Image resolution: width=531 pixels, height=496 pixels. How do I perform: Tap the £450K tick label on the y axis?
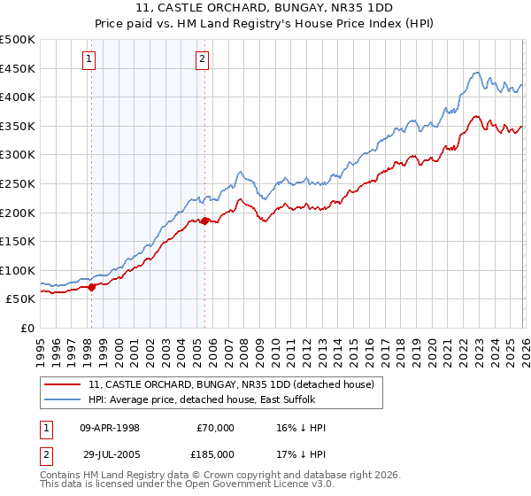[x=18, y=68]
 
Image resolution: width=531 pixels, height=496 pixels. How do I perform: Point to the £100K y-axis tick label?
[x=18, y=270]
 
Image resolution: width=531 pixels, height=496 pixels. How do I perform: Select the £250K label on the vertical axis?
[x=18, y=183]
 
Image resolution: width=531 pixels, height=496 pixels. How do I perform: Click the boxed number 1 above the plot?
[x=90, y=59]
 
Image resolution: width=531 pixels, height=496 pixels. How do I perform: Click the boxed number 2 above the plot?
[x=203, y=59]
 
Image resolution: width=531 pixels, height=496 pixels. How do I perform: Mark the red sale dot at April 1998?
[x=91, y=287]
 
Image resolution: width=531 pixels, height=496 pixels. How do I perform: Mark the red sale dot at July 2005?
[x=204, y=221]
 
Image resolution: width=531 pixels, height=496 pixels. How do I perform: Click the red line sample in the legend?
[x=64, y=384]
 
